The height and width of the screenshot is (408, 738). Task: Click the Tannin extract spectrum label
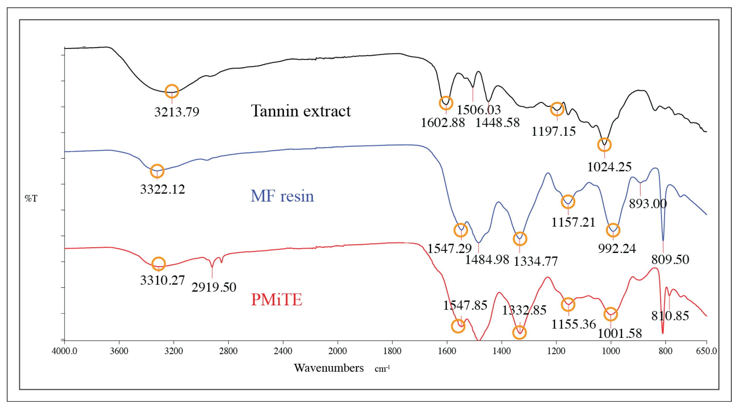301,111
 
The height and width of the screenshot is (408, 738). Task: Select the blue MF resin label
282,196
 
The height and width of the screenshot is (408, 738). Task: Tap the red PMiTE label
277,300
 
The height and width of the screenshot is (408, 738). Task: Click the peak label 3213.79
176,112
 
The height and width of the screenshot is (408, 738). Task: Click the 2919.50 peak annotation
214,287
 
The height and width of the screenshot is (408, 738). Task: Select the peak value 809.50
670,260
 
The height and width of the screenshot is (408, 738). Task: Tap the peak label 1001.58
620,333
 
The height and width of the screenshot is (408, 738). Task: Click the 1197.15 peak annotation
554,132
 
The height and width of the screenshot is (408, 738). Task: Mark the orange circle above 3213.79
172,91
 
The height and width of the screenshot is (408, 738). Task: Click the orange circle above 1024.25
604,145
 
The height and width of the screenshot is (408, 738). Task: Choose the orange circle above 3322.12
157,171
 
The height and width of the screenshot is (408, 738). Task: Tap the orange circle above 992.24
613,230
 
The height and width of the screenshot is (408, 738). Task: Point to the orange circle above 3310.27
159,263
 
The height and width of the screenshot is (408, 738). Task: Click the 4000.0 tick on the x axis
64,351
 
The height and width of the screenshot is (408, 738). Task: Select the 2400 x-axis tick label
283,351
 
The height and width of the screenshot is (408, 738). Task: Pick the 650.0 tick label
707,351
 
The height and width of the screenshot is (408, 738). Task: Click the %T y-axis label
31,198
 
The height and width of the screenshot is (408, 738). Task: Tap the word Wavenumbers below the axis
329,368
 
